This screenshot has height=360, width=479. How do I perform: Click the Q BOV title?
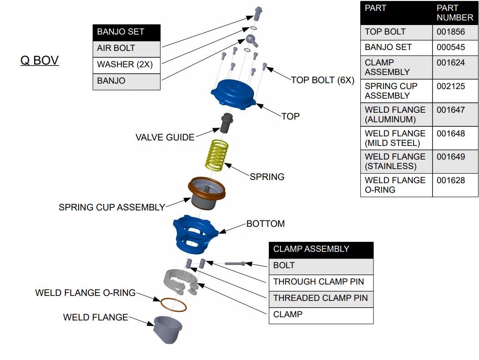pos(40,60)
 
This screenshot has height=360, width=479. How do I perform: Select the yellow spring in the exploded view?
pos(217,155)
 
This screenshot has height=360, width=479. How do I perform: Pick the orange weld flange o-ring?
pos(170,304)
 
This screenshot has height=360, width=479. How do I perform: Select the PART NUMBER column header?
pos(454,13)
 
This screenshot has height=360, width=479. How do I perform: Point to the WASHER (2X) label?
pos(125,65)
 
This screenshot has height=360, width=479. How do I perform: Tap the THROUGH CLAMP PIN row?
pos(318,282)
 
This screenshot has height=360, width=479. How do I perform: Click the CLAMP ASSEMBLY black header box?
pos(321,250)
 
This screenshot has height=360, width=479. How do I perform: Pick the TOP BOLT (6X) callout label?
pos(322,80)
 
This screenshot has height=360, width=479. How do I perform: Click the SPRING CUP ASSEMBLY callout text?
pos(111,207)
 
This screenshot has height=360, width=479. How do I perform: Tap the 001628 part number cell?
pos(451,180)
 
